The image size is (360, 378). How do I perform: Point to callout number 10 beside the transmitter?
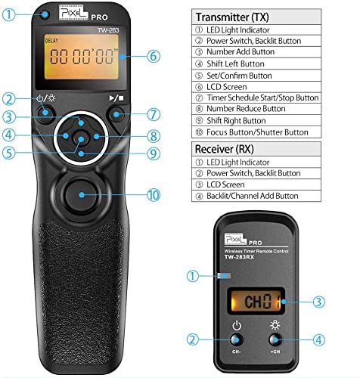pyautogui.click(x=154, y=194)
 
